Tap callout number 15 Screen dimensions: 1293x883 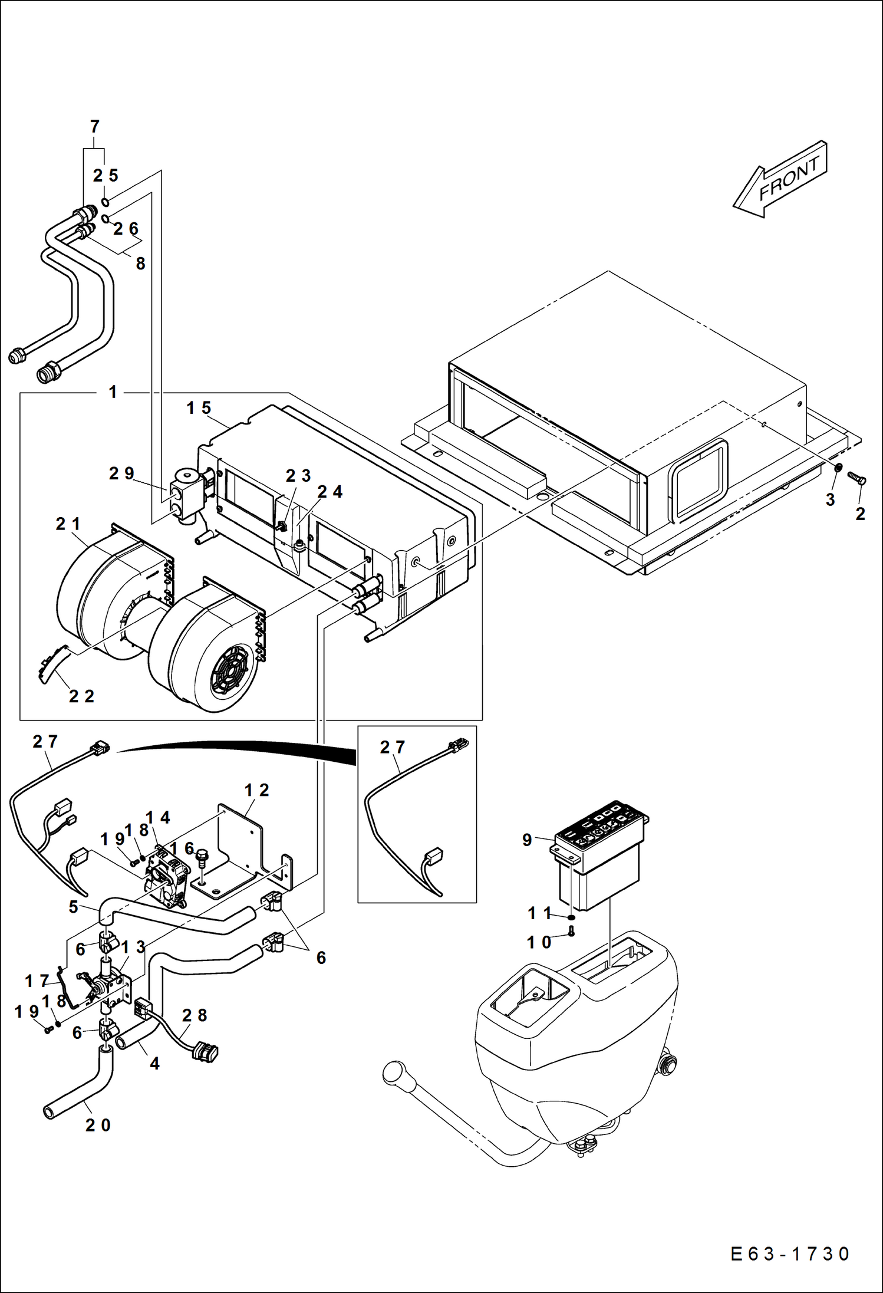[x=199, y=408]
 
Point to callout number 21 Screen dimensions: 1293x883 [x=68, y=524]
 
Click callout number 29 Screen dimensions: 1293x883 [x=121, y=473]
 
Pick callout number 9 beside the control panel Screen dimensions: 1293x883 [x=527, y=840]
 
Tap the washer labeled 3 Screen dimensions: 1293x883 [x=837, y=468]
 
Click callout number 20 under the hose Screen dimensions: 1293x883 [x=98, y=1125]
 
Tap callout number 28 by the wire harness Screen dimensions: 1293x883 [x=195, y=1015]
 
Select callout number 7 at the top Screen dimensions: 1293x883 [x=94, y=127]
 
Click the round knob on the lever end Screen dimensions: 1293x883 [x=391, y=1071]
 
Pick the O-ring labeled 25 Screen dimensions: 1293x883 [x=104, y=202]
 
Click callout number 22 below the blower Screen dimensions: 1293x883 [x=81, y=696]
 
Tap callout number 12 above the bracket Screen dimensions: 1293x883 [x=257, y=790]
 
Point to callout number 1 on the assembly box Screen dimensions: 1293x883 [x=113, y=392]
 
